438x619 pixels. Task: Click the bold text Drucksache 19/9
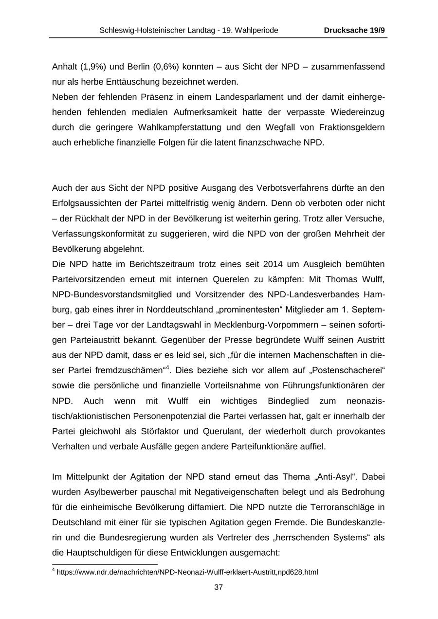click(354, 30)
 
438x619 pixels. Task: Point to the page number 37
click(219, 587)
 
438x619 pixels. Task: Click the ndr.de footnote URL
click(187, 572)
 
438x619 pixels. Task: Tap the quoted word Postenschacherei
click(349, 370)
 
